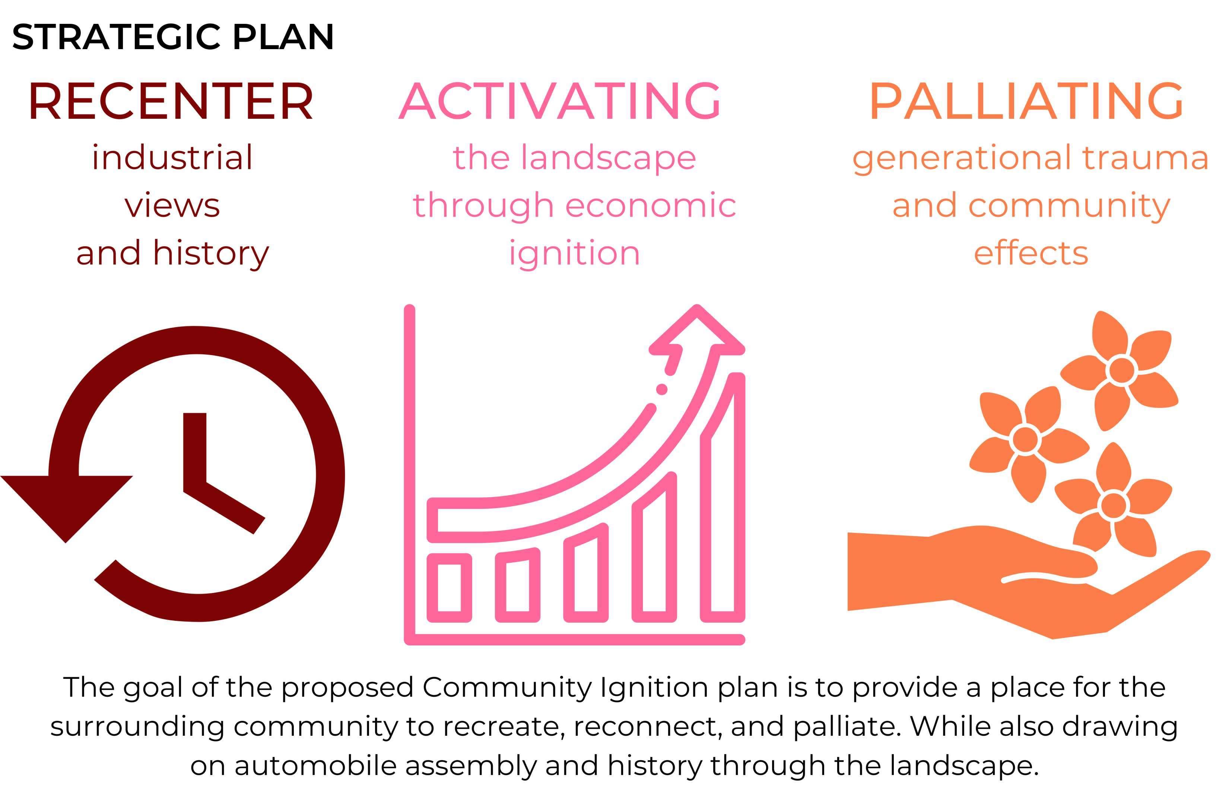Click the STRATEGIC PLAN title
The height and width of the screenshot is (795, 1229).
click(173, 37)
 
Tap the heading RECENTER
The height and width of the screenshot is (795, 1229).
click(171, 101)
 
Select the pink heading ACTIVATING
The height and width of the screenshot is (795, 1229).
click(560, 101)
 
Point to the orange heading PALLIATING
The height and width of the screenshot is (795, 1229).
click(1026, 101)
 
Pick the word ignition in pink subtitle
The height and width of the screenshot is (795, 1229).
click(574, 254)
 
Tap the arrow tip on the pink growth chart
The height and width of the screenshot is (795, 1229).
click(697, 307)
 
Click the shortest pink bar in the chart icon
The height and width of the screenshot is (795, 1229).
click(449, 588)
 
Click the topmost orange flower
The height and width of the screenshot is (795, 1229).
click(1121, 369)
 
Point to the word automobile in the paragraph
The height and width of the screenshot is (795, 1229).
click(315, 765)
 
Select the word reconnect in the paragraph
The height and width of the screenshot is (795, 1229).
click(648, 727)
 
